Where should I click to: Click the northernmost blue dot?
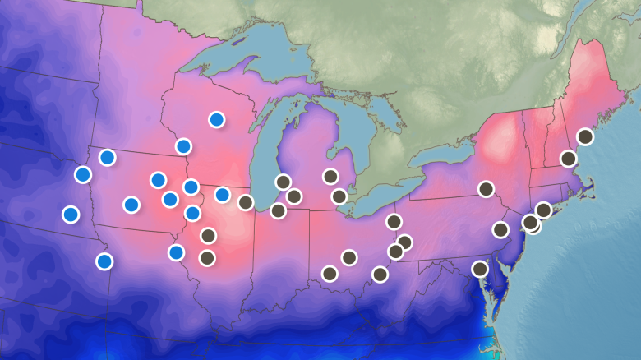(216, 119)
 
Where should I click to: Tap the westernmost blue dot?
(71, 214)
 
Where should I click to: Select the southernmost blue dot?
(104, 261)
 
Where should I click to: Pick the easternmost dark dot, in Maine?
(585, 136)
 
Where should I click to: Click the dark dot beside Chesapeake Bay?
(480, 269)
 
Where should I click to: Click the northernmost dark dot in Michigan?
(330, 176)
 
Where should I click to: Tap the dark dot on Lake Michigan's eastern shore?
(284, 182)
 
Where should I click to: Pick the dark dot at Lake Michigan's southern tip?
(278, 210)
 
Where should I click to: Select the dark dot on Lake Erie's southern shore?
(394, 221)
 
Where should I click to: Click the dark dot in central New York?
(486, 189)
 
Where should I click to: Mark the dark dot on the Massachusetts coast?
(568, 158)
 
